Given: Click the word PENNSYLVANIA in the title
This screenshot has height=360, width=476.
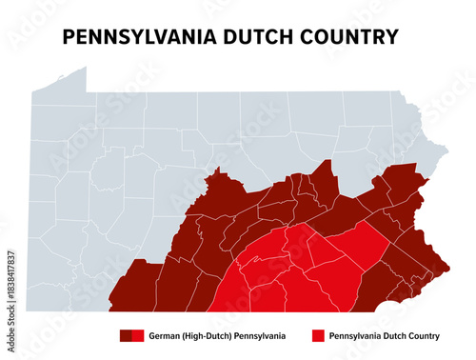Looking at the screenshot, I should [x=138, y=37].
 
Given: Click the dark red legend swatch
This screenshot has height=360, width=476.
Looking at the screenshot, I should [x=125, y=335].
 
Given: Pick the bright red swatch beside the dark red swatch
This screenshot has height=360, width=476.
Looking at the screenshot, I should [x=137, y=335].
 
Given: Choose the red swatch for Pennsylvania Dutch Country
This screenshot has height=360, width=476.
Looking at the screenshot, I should [x=319, y=335].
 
